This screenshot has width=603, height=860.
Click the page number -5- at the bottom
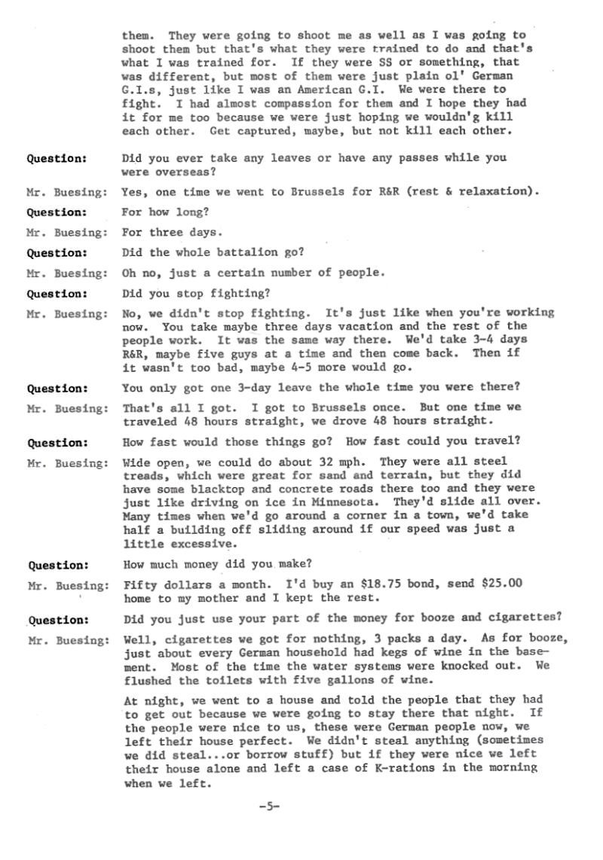pos(269,807)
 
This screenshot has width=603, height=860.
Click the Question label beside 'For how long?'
pos(57,212)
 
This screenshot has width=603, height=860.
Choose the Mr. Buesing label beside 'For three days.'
pos(67,233)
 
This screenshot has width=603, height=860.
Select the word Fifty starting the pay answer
pos(140,584)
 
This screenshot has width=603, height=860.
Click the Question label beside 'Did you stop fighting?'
pos(57,293)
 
